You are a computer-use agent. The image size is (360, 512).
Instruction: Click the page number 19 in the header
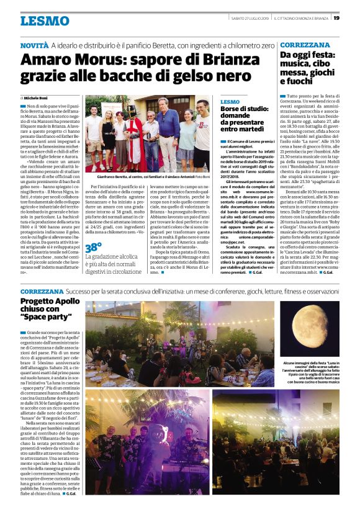tap(336, 18)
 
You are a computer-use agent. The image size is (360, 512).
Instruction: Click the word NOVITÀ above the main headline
tap(34, 47)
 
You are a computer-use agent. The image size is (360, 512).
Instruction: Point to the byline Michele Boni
tap(37, 98)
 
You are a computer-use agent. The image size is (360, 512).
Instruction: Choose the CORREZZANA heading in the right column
tap(305, 45)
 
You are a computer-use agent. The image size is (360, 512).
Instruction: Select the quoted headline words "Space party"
tap(44, 317)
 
